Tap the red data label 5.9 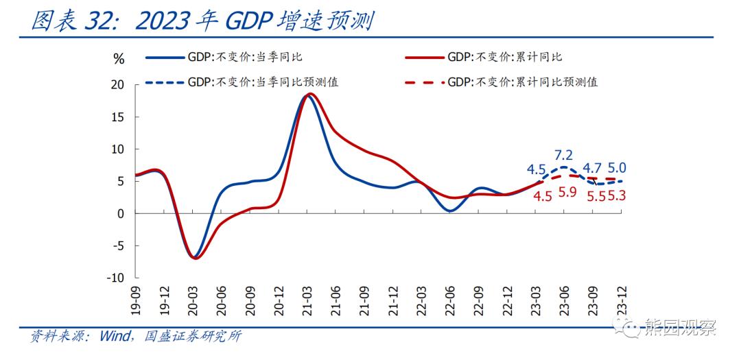click(x=567, y=193)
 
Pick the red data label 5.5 click(x=596, y=196)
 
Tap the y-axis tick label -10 click(x=115, y=278)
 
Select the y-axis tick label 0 click(x=121, y=214)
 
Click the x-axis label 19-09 click(x=136, y=300)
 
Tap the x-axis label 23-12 click(x=622, y=300)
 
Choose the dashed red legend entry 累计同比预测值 click(x=522, y=82)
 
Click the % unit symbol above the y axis click(x=119, y=59)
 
